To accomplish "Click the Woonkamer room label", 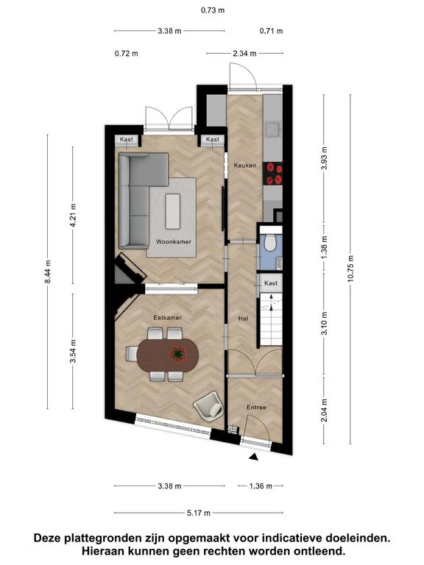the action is point(174,242).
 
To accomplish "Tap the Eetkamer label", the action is point(168,318).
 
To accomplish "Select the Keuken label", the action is point(245,166).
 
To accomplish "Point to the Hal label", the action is point(243,319).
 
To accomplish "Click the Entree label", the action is point(256,407).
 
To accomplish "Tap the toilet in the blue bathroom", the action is point(269,242).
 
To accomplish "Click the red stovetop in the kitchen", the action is point(272,174).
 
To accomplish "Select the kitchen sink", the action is point(272,129).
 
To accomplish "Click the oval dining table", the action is point(168,355).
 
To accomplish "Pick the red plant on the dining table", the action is point(177,354).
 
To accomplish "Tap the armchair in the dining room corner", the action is point(209,406).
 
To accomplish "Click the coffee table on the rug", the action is point(173,211).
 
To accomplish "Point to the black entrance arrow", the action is point(254,457).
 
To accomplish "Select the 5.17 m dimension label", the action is point(199,513).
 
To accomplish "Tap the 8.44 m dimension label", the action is point(48,271).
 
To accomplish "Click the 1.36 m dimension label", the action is point(261,486).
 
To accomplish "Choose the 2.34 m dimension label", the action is point(245,54).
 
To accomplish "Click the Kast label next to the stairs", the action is point(271,283).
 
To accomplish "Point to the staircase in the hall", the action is point(271,319).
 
